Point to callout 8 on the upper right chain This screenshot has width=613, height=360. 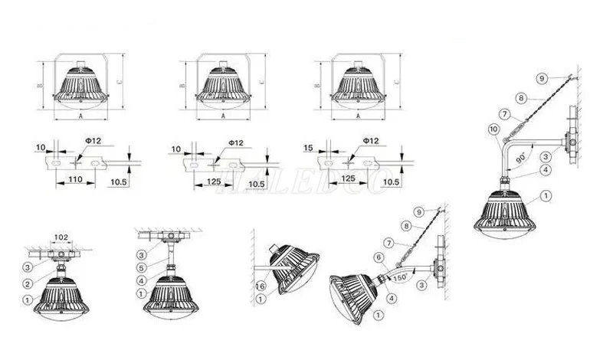click(x=520, y=98)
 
